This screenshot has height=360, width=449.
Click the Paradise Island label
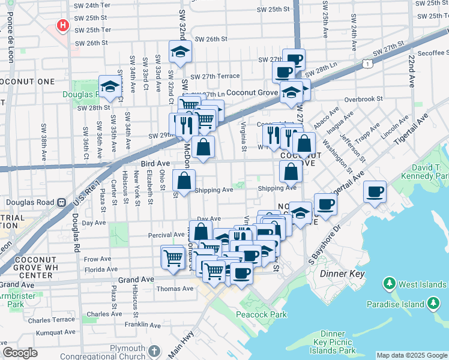point(396,304)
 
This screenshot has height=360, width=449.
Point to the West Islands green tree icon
point(389,283)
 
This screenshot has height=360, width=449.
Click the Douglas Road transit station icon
point(61,203)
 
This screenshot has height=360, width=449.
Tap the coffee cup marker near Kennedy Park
point(375,192)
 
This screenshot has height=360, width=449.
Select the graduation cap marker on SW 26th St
point(179,52)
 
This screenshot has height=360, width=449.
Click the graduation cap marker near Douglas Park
point(110,87)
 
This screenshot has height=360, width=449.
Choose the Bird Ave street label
point(155,163)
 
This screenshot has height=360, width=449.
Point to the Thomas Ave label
point(175,289)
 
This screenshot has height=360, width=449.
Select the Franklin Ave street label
point(142,325)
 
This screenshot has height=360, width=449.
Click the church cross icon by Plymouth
point(154,350)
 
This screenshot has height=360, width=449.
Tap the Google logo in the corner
point(20,353)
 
